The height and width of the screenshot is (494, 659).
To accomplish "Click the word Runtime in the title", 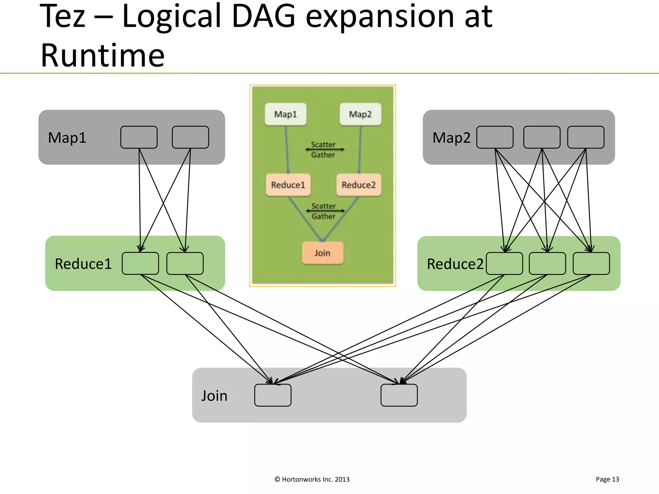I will (x=102, y=55).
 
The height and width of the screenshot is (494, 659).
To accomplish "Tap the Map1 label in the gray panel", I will (x=67, y=138).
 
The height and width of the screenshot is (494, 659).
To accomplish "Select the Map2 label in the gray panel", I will (x=451, y=138).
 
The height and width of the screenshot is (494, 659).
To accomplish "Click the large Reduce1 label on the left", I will (x=83, y=264).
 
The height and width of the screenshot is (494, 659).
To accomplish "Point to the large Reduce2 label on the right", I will (x=455, y=264).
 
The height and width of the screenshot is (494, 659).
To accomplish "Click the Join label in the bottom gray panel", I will (x=214, y=396).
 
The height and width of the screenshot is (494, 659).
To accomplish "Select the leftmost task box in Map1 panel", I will (x=139, y=137).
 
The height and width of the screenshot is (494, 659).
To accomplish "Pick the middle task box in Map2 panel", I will (x=542, y=137).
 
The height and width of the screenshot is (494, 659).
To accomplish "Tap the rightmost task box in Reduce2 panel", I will (x=591, y=263).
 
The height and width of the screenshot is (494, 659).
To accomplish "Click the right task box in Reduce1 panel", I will (x=185, y=263).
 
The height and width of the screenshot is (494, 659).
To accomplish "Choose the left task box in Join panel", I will (x=273, y=395).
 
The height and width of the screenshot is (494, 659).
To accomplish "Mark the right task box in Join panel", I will (x=399, y=395).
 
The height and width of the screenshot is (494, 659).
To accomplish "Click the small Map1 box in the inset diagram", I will (x=285, y=114).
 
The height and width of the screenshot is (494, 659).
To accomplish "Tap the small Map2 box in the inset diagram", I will (x=360, y=114).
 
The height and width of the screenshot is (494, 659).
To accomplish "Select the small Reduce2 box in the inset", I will (x=358, y=185).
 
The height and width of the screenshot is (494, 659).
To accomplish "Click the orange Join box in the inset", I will (x=322, y=253).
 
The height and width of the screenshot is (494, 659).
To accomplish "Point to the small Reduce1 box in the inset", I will (x=288, y=185).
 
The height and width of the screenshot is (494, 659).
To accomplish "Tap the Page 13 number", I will (x=607, y=479).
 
